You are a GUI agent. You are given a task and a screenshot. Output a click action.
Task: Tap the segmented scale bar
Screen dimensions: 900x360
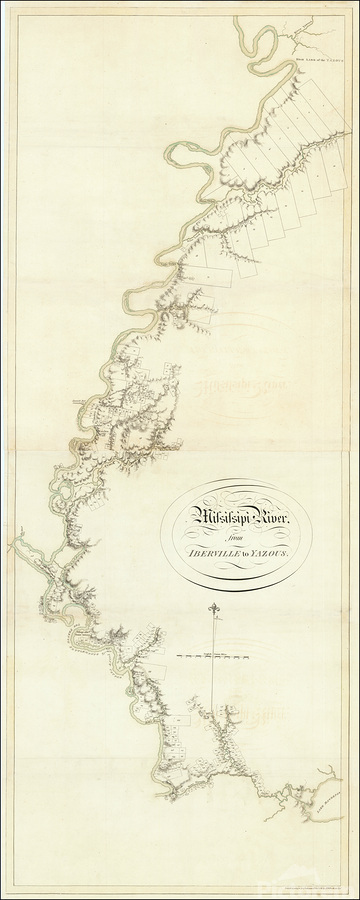[x=211, y=656]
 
